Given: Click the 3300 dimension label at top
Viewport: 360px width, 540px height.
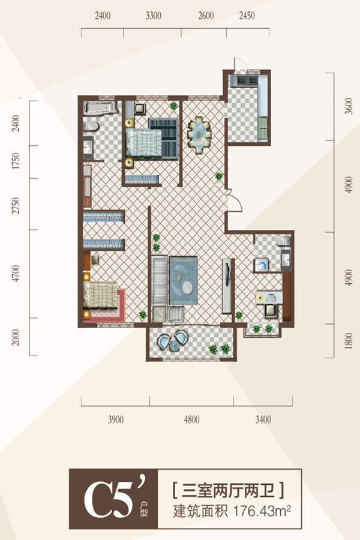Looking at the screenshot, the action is tap(154, 16).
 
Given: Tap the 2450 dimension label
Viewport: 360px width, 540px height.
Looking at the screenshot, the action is tap(247, 16).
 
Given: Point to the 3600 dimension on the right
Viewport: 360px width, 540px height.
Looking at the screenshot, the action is tap(349, 106).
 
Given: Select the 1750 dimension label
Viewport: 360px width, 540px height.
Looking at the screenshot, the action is tap(16, 161).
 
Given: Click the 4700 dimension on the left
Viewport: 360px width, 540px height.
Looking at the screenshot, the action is tap(16, 274).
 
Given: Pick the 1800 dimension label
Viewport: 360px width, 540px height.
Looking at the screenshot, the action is tap(349, 341).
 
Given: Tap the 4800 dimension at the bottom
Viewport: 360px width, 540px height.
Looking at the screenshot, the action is tap(191, 420).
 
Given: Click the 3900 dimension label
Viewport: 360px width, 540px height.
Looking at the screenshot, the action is tap(116, 420).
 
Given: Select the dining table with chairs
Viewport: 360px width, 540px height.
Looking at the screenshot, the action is tap(199, 134).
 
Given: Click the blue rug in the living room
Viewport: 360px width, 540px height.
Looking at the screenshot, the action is tap(183, 280).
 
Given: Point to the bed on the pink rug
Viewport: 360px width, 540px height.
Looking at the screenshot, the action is tap(101, 295).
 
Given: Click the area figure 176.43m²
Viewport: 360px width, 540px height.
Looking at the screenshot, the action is tap(262, 511).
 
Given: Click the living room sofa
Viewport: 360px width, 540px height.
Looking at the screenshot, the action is tap(160, 280).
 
